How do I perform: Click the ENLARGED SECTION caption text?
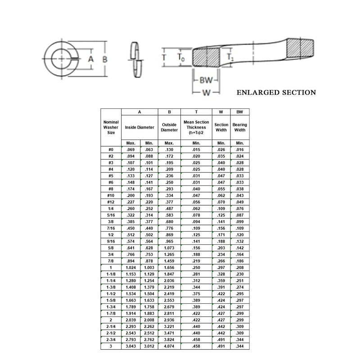(276, 93)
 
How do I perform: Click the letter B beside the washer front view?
(105, 59)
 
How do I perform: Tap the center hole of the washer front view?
(60, 59)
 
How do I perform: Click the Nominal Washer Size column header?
(111, 127)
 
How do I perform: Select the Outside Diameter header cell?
(169, 127)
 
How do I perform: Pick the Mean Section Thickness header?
(196, 127)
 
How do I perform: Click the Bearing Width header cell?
(240, 127)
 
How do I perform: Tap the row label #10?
(111, 197)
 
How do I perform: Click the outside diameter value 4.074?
(169, 346)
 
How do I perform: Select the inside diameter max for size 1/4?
(131, 209)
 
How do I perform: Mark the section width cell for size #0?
(221, 148)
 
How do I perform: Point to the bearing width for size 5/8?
(240, 247)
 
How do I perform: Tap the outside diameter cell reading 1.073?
(169, 247)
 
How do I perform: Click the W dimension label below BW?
(206, 93)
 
